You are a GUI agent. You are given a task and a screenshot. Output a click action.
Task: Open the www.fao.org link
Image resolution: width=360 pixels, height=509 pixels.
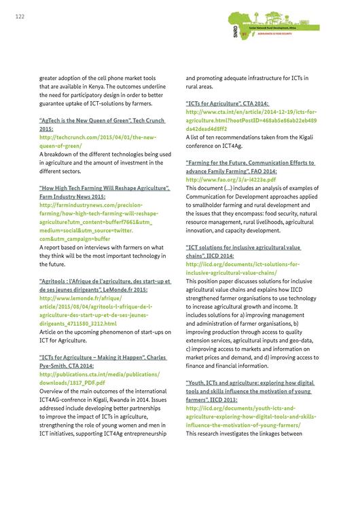231,179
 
